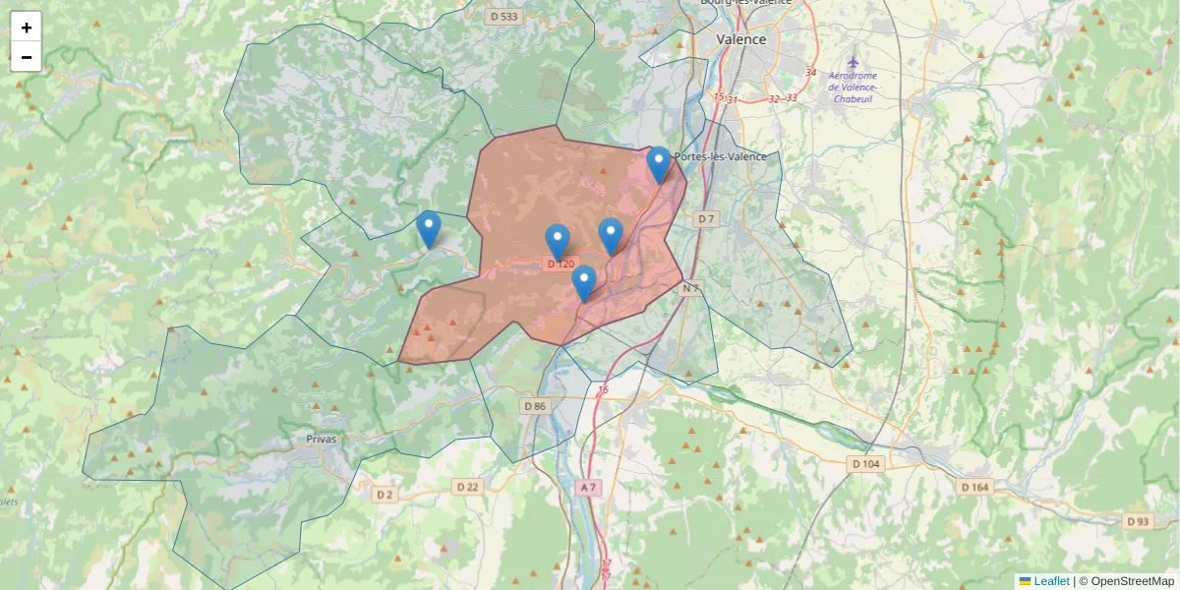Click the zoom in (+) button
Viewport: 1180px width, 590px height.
[x=27, y=28]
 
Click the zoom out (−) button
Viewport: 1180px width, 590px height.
[x=27, y=57]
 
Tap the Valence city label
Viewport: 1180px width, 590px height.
[x=740, y=39]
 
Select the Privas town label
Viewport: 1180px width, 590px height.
[x=321, y=439]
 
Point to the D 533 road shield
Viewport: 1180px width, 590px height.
[x=503, y=16]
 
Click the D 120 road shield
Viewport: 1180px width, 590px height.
[x=560, y=264]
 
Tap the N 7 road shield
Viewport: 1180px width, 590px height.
[x=691, y=288]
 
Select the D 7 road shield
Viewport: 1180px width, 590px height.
[x=705, y=218]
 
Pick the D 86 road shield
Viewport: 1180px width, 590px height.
[x=534, y=406]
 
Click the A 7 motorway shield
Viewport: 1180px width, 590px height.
[x=588, y=487]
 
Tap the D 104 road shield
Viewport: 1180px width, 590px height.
[x=865, y=463]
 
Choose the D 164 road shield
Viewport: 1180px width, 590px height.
[x=974, y=487]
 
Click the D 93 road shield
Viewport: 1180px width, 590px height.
[x=1137, y=520]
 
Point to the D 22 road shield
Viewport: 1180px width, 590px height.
[x=467, y=487]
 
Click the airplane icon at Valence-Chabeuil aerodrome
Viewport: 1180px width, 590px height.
[x=853, y=63]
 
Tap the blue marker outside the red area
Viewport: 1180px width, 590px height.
[x=429, y=228]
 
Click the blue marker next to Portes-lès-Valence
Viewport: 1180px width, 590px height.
[x=659, y=164]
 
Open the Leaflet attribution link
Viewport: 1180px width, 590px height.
[x=1051, y=581]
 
